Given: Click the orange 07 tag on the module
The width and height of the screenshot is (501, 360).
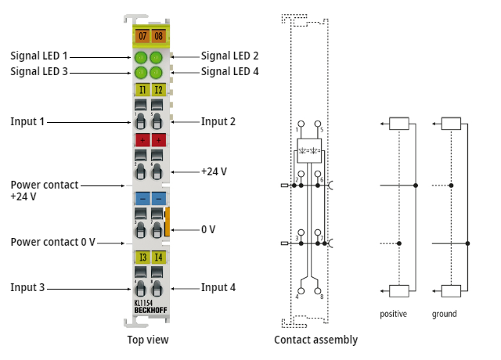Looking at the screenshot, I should (142, 36).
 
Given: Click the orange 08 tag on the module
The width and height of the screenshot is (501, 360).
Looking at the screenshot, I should (158, 36).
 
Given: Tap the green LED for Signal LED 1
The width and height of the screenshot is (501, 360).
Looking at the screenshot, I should (142, 58).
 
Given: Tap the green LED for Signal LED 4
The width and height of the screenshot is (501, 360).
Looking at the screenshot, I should (157, 73).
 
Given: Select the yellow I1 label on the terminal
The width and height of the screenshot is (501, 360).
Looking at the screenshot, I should (142, 90).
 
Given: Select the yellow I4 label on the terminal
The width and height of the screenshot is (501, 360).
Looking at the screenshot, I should (158, 257).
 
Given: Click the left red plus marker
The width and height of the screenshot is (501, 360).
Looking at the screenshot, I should (142, 140).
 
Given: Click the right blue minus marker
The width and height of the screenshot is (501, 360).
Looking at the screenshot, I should (158, 198).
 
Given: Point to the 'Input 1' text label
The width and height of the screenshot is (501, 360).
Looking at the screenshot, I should (29, 121).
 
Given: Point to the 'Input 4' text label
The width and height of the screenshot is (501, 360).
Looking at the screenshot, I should (218, 287).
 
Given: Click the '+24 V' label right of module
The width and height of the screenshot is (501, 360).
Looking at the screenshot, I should (216, 171).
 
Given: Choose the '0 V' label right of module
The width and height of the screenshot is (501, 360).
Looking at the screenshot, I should (208, 229).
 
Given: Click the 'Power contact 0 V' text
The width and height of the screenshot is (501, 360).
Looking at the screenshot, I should (52, 242).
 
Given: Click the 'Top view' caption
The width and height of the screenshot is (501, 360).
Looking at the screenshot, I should (148, 340).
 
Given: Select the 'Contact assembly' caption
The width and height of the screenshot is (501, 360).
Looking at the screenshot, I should (315, 340).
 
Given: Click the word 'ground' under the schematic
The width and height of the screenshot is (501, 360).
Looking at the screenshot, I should (444, 314).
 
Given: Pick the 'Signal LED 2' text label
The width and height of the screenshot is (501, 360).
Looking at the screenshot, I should (229, 56).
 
